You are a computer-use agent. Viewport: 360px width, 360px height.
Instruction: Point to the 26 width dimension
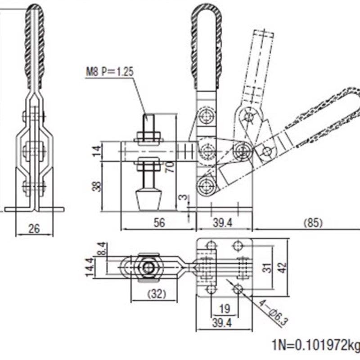34,229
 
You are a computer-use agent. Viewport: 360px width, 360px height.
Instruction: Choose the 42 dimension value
281,268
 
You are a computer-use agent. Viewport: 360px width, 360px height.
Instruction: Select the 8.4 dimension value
103,248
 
